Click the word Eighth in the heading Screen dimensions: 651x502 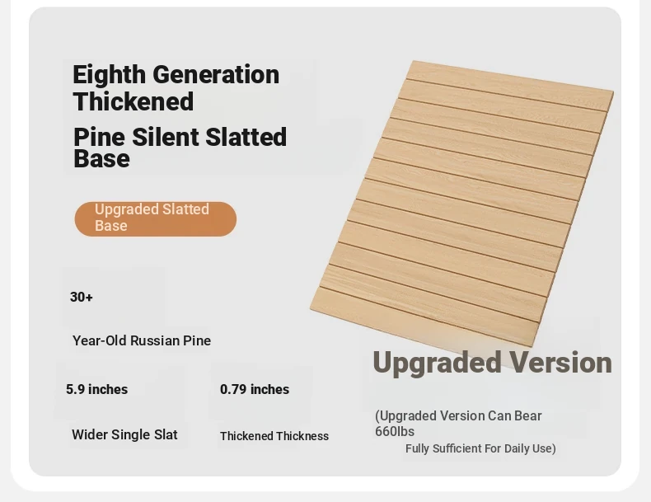pos(110,76)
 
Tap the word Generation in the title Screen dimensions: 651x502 pos(216,75)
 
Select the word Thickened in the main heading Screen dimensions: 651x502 pos(133,101)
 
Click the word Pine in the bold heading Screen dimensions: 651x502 pos(99,137)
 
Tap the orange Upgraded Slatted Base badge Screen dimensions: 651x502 pos(156,218)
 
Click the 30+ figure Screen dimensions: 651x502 pos(82,297)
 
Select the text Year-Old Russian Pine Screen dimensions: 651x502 pos(142,340)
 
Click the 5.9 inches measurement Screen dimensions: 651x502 pos(96,389)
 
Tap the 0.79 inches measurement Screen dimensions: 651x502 pos(255,389)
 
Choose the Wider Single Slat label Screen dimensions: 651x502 pos(124,434)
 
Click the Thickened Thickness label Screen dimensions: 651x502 pos(274,436)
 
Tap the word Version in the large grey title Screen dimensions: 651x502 pos(560,363)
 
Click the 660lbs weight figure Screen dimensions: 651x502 pos(395,431)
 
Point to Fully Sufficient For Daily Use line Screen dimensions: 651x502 pos(480,448)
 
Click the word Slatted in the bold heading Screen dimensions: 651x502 pos(246,137)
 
